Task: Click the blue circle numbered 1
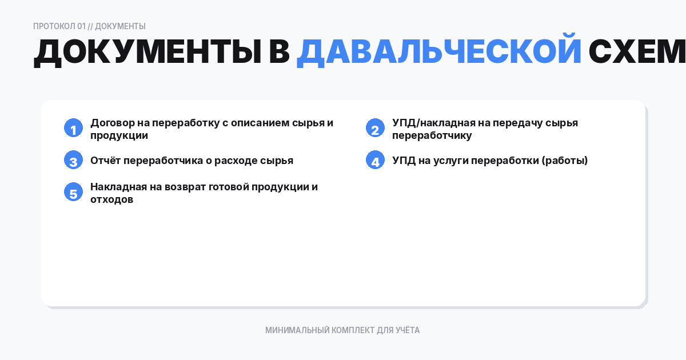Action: pos(73,129)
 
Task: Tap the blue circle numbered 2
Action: pos(375,129)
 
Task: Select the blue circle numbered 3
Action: pos(73,161)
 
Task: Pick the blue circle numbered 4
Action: pos(375,161)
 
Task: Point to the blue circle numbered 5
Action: pos(73,193)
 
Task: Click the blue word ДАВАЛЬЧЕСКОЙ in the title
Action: pos(438,53)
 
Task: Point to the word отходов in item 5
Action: pos(111,199)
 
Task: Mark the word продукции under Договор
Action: pos(119,135)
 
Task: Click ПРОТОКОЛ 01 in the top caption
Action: pos(59,26)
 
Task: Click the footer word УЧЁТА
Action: pos(408,330)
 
